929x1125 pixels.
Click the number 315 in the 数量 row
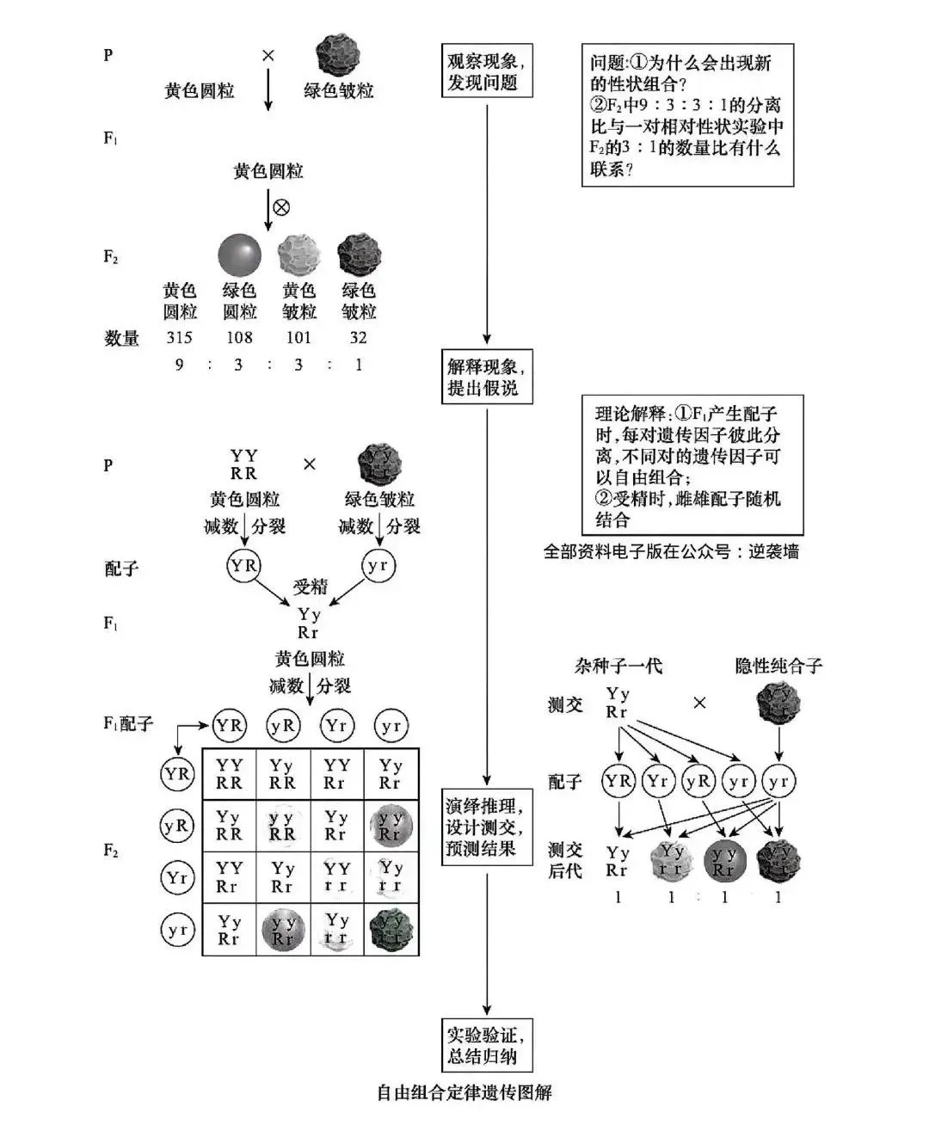pos(180,338)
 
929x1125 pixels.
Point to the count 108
pos(239,338)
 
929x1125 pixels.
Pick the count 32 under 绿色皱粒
pos(359,338)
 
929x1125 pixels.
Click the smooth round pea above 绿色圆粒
pos(239,255)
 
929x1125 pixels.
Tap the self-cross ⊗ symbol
pos(281,207)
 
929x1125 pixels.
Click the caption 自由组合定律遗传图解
pos(464,1093)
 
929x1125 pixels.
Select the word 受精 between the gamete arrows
pos(311,587)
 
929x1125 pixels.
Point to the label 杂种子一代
pos(618,666)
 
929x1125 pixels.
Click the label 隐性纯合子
pos(778,666)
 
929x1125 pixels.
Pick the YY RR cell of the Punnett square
pos(229,774)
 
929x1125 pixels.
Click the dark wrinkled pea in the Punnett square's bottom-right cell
pos(391,930)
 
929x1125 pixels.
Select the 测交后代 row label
pos(565,860)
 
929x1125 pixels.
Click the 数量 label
pos(121,339)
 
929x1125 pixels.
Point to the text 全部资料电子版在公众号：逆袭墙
pos(671,551)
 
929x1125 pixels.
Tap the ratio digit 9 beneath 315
pos(180,365)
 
